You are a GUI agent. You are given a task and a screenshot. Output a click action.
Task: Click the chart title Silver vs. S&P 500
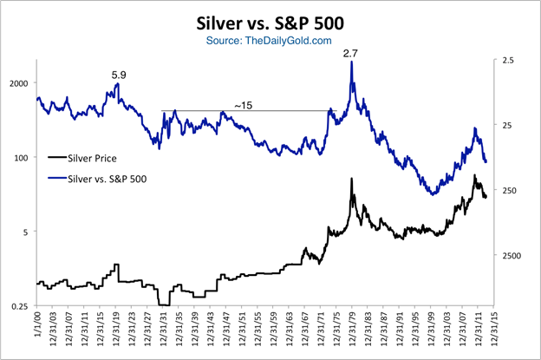(270, 23)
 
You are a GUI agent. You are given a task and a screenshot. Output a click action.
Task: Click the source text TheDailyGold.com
(270, 41)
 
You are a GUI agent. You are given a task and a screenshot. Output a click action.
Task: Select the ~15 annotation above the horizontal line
(244, 104)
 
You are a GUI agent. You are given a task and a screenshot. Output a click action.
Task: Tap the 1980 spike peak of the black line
(352, 179)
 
